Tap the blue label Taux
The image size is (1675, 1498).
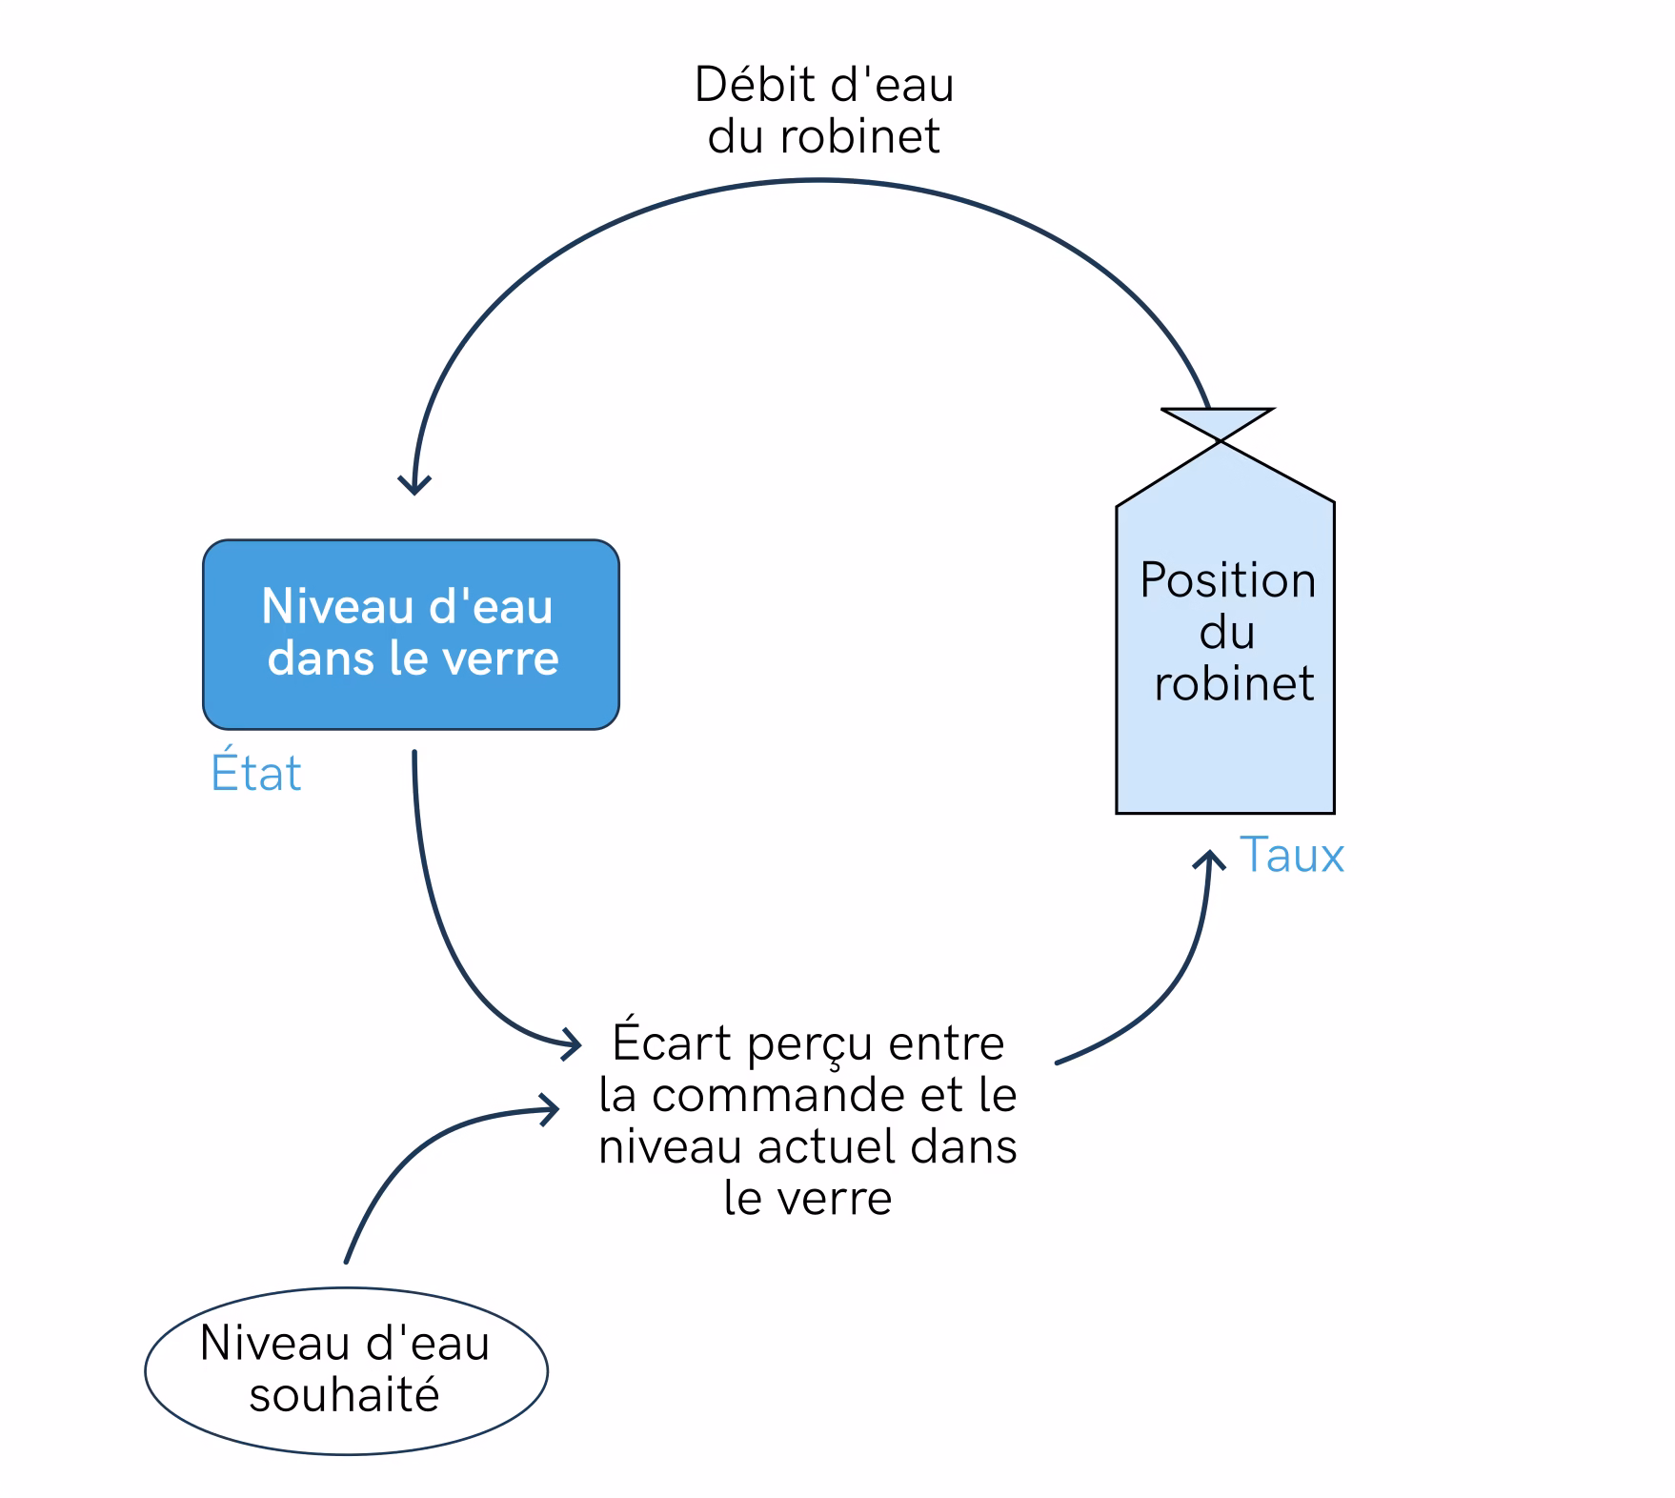[1292, 855]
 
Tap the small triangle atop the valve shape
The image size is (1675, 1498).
[1218, 425]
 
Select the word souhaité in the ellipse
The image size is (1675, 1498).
[344, 1395]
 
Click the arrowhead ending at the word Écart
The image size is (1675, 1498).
[572, 1044]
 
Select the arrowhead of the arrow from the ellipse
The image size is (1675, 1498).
[550, 1108]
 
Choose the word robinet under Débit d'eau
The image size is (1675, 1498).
[859, 135]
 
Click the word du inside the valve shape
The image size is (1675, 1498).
[1227, 632]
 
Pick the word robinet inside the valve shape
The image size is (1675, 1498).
[1234, 683]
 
